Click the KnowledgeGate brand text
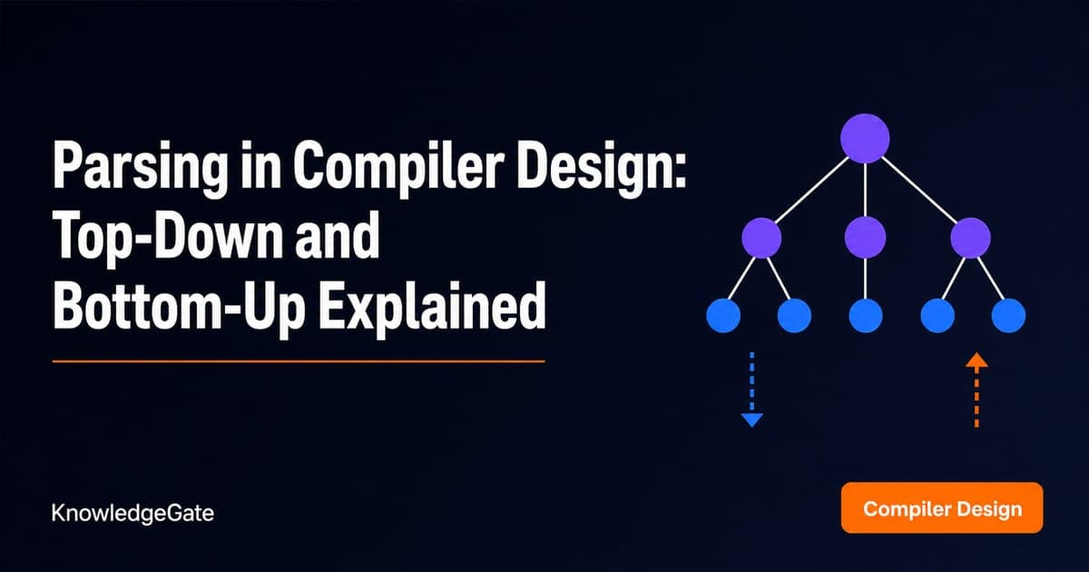coord(132,513)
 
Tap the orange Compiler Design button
coord(942,508)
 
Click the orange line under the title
coord(299,361)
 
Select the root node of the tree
coord(865,139)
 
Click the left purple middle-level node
coord(761,238)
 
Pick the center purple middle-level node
coord(866,238)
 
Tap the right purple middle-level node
coord(970,238)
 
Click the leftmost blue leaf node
coord(723,316)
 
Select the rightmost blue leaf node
coord(1009,316)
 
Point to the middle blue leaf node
coord(866,316)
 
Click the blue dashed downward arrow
coord(752,390)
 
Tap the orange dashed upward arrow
coord(976,390)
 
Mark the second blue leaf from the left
coord(794,316)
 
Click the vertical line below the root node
coord(866,191)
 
